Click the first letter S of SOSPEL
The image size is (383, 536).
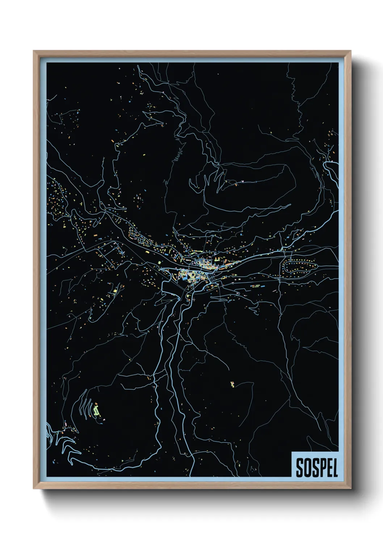(x=300, y=468)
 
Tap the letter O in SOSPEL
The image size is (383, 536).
(x=307, y=468)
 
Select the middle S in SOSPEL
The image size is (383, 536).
(x=315, y=468)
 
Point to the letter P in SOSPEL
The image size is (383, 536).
(x=322, y=468)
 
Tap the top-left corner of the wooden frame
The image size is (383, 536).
(x=34, y=51)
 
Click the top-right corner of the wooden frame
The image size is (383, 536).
(x=350, y=51)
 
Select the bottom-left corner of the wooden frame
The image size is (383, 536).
(x=34, y=489)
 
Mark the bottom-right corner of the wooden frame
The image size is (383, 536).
(x=350, y=489)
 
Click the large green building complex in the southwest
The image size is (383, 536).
(x=96, y=411)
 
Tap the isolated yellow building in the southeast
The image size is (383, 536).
(x=232, y=384)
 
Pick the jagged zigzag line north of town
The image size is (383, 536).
(x=177, y=156)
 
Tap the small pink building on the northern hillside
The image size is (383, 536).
(x=242, y=181)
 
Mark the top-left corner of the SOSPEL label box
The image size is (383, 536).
(x=291, y=452)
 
